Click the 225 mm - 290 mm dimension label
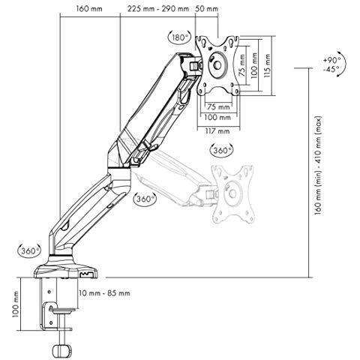click(158, 9)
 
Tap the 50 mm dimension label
click(206, 9)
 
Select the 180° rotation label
click(179, 37)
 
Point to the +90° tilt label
click(331, 60)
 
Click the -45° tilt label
click(331, 69)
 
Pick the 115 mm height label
click(268, 65)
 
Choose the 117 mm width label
click(217, 131)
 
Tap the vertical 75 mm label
click(241, 65)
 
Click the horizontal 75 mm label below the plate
click(218, 107)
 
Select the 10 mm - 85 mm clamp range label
click(104, 292)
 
